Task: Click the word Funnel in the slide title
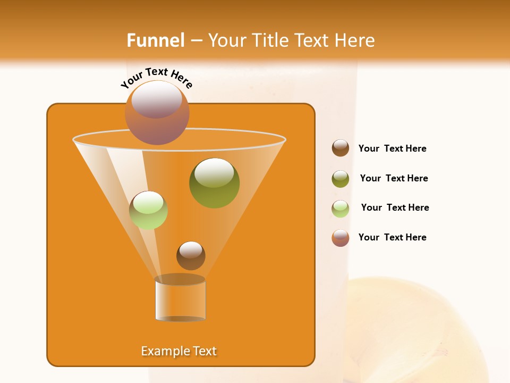(155, 40)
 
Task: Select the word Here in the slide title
(354, 40)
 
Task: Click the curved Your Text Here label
(156, 78)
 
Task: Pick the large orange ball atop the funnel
(157, 113)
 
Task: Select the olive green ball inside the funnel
(214, 182)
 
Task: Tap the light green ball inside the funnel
(149, 210)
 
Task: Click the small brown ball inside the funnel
(191, 255)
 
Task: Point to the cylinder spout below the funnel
(180, 299)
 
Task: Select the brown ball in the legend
(341, 148)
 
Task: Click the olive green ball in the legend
(341, 179)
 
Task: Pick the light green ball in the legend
(341, 209)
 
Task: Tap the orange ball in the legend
(341, 238)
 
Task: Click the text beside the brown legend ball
(392, 148)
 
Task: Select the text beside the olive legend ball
(394, 178)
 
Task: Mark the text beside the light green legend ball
(395, 207)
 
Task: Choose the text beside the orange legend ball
(392, 237)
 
